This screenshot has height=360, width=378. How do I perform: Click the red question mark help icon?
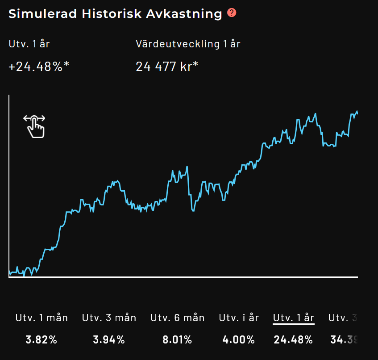tap(232, 13)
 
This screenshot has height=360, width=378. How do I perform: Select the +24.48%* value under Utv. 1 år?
tap(39, 67)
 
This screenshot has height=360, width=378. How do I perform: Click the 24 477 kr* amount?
tap(167, 67)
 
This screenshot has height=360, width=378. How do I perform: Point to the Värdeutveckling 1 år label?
tap(188, 44)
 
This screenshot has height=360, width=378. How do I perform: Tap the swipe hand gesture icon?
tap(35, 126)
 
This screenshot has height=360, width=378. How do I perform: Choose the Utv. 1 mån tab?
tap(42, 318)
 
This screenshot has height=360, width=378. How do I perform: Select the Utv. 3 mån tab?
tap(109, 318)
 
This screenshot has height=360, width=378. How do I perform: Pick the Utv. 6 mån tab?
tap(178, 318)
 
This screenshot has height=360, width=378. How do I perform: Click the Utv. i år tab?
tap(239, 318)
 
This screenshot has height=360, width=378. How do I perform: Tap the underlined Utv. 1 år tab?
tap(294, 318)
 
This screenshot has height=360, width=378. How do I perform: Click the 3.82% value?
tap(42, 339)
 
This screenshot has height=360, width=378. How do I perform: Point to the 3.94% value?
tap(109, 339)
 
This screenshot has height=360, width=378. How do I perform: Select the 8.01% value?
tap(178, 339)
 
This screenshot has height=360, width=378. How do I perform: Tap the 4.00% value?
tap(239, 339)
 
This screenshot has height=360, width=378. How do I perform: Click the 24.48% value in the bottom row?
tap(294, 339)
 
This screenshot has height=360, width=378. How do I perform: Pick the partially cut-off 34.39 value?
tap(344, 339)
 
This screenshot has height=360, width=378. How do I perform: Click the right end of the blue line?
tap(357, 113)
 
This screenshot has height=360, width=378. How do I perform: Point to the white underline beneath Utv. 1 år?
tap(294, 324)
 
